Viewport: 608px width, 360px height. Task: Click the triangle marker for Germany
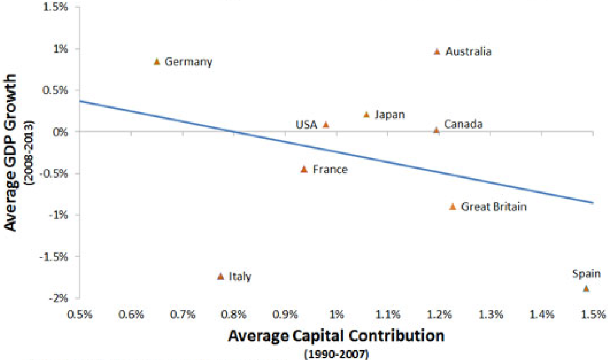click(x=157, y=61)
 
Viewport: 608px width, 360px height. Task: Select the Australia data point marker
click(x=437, y=51)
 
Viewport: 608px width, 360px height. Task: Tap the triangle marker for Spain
click(x=586, y=288)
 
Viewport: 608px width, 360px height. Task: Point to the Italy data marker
click(x=220, y=276)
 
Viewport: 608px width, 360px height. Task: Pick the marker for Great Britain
click(x=452, y=206)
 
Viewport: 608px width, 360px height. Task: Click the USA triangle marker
click(x=326, y=124)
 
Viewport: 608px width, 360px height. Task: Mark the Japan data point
click(x=366, y=114)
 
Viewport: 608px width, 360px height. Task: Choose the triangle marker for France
click(x=304, y=169)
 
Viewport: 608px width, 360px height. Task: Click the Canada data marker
click(x=436, y=130)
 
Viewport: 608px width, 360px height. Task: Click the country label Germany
click(x=189, y=62)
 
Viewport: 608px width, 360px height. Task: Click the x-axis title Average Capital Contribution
click(x=336, y=335)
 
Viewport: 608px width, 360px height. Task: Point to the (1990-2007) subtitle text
click(x=336, y=353)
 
